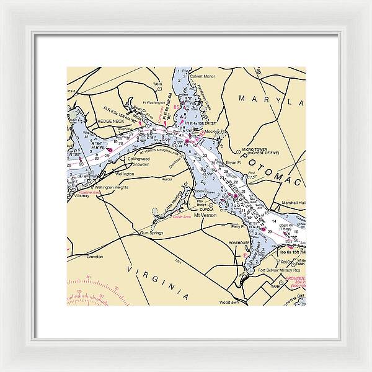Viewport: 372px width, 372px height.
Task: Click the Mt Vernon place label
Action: click(x=205, y=215)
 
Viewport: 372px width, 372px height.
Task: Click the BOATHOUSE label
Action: click(x=239, y=243)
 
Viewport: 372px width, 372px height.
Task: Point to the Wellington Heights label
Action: click(x=112, y=186)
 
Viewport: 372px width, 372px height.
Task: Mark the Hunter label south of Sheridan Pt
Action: click(x=166, y=179)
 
